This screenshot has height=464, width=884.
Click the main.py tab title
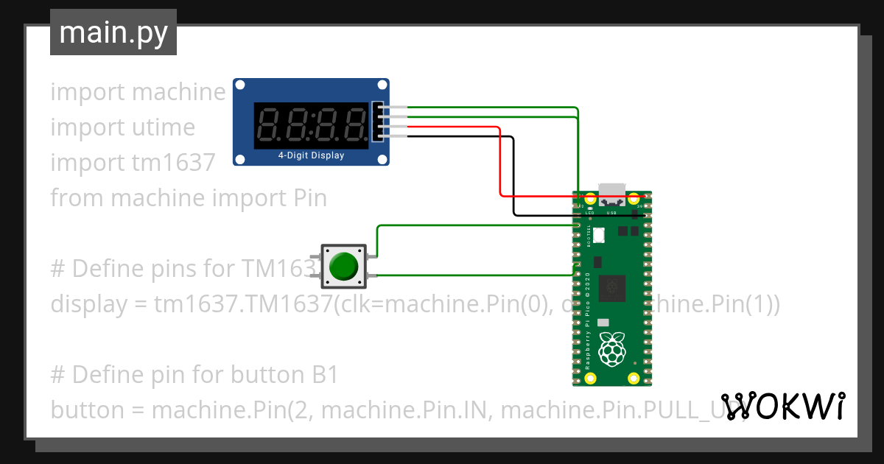[113, 32]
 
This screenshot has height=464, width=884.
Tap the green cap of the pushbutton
[344, 266]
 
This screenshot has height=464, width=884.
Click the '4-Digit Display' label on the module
[311, 155]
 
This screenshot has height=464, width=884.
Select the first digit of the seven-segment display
[268, 123]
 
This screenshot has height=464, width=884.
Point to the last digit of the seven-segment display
[357, 123]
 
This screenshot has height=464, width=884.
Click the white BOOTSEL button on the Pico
[598, 236]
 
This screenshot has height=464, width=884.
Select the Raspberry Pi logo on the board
[611, 348]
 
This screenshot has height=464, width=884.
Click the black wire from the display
[513, 177]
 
